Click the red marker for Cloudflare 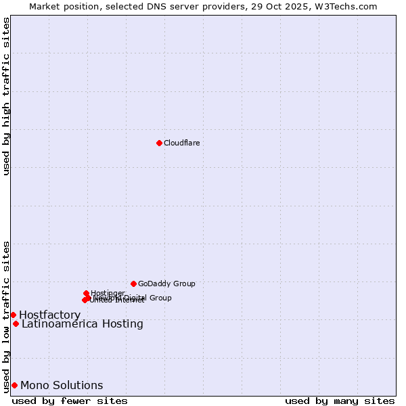pyautogui.click(x=159, y=143)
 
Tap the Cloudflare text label pyautogui.click(x=181, y=143)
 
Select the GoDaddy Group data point pyautogui.click(x=133, y=284)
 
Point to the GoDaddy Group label pyautogui.click(x=166, y=284)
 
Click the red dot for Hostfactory pyautogui.click(x=13, y=315)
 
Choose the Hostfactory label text pyautogui.click(x=49, y=315)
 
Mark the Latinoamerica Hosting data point pyautogui.click(x=16, y=323)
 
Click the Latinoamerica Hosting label pyautogui.click(x=82, y=323)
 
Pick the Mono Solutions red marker pyautogui.click(x=14, y=385)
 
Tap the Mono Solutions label pyautogui.click(x=62, y=385)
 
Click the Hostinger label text pyautogui.click(x=108, y=293)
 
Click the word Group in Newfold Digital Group pyautogui.click(x=160, y=298)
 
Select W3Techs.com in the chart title pyautogui.click(x=344, y=6)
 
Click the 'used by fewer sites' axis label pyautogui.click(x=70, y=401)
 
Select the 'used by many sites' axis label pyautogui.click(x=340, y=401)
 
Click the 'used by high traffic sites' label pyautogui.click(x=6, y=96)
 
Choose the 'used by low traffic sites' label pyautogui.click(x=6, y=317)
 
